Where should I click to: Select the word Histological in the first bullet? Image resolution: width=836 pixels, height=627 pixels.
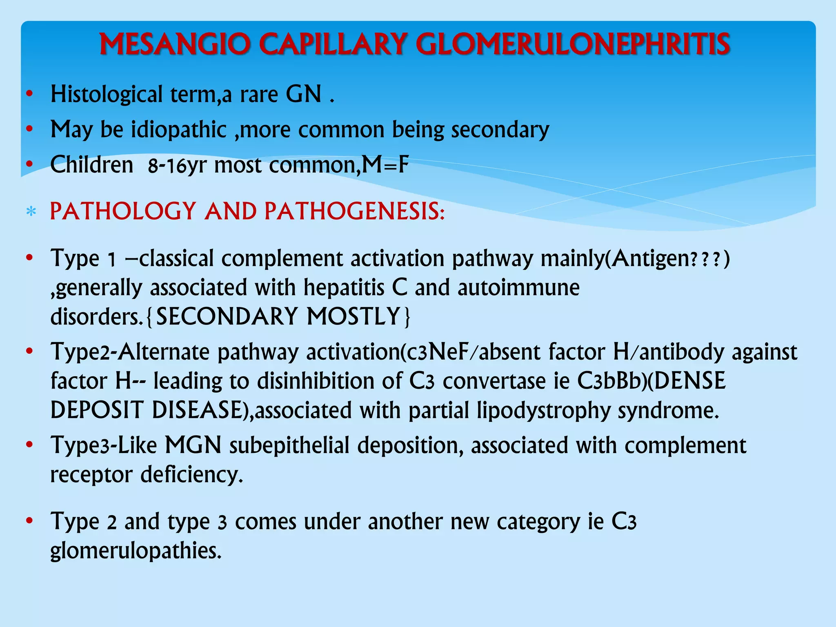point(107,94)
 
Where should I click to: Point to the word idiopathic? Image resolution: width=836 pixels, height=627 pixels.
point(179,130)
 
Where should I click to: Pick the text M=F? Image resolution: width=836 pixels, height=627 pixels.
point(385,165)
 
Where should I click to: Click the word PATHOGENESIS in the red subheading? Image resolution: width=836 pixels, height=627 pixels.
point(354,211)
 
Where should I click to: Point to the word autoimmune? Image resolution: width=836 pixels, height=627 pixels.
point(518,287)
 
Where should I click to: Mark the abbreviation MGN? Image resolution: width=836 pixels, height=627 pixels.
point(193,445)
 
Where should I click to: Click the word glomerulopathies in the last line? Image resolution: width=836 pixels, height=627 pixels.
point(136,551)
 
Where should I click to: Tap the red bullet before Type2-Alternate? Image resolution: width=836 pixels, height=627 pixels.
point(29,351)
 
